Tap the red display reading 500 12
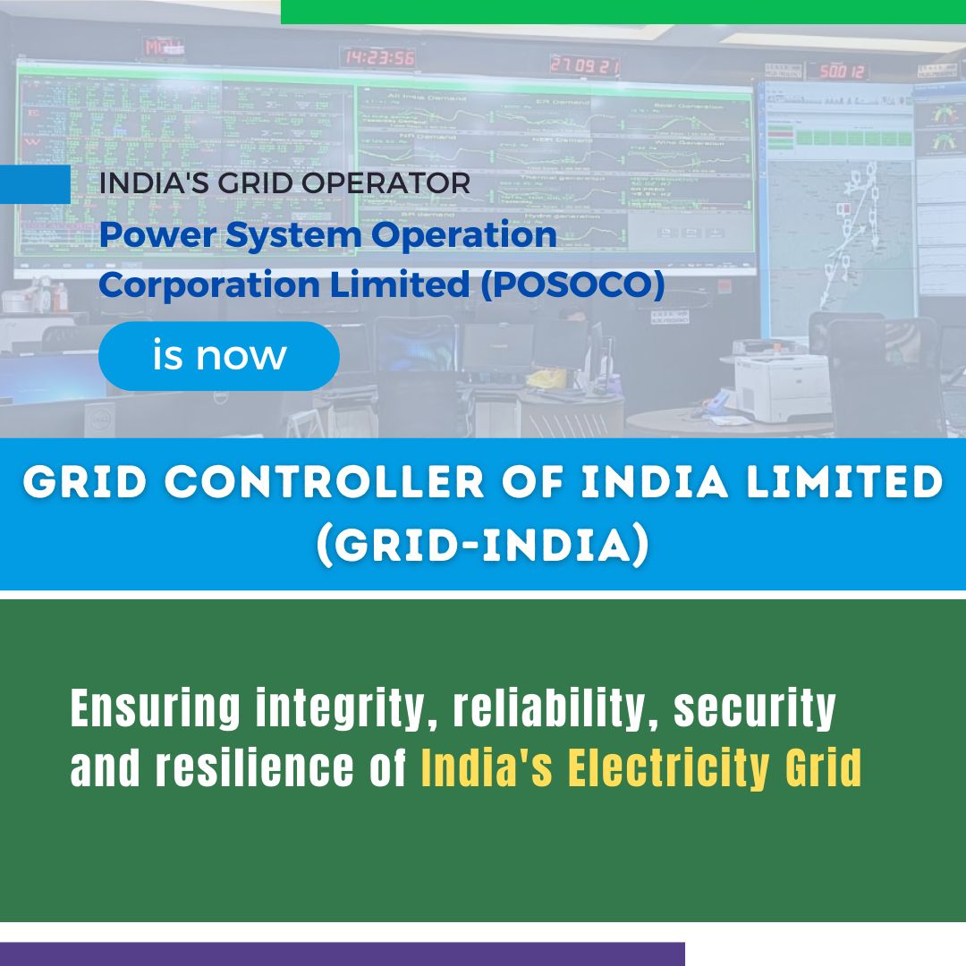tap(838, 71)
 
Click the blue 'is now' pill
tap(219, 356)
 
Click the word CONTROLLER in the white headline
tap(307, 484)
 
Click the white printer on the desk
tap(782, 386)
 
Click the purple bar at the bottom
tap(342, 953)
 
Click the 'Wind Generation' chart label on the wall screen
tap(688, 142)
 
